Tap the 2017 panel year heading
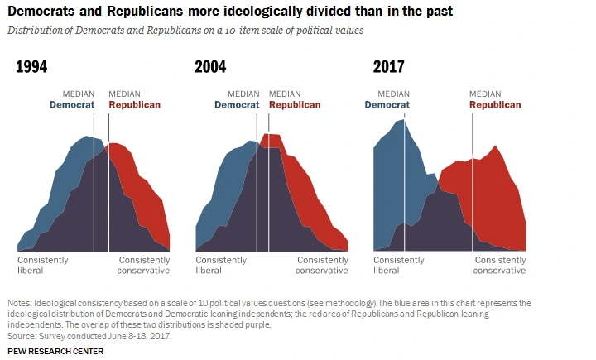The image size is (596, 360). (x=389, y=68)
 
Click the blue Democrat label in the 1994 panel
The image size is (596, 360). (x=72, y=105)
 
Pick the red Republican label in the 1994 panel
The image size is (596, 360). (x=135, y=105)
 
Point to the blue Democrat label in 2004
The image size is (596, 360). (x=237, y=105)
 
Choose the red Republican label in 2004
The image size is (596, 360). (x=295, y=105)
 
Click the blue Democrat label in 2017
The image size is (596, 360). (x=387, y=105)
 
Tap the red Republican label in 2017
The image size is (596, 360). (x=495, y=105)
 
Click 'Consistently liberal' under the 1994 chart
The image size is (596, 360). (x=42, y=265)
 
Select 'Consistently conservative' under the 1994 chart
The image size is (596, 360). (x=143, y=265)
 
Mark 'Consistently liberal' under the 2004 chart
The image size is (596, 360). (x=221, y=265)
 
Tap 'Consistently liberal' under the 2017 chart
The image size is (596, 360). (x=399, y=265)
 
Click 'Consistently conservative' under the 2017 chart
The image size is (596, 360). (x=499, y=265)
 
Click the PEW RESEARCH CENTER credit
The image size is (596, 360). (x=55, y=351)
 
